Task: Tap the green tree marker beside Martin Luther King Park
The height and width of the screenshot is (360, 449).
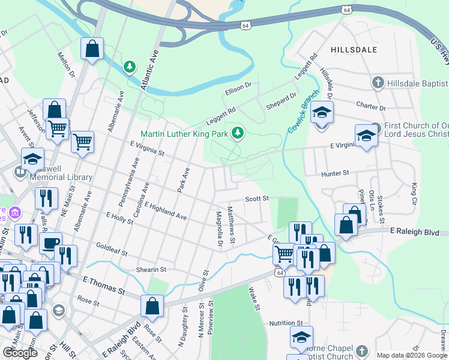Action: (x=238, y=133)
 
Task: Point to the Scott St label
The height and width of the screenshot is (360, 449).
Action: (x=256, y=198)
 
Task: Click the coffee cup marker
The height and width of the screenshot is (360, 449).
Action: (x=50, y=243)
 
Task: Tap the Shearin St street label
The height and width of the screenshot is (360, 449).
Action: (x=150, y=270)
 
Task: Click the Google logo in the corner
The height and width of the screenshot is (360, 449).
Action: (x=20, y=353)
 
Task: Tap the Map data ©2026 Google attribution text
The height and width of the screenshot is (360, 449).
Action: (x=412, y=355)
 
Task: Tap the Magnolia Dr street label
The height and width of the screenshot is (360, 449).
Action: (x=219, y=227)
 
